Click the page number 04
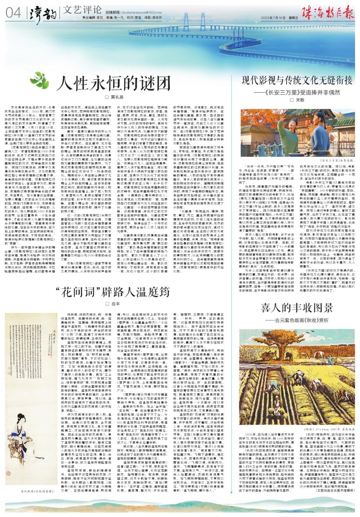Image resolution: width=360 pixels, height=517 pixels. pyautogui.click(x=13, y=13)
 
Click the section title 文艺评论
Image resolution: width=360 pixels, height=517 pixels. pyautogui.click(x=82, y=10)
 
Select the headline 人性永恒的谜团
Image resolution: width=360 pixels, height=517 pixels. pyautogui.click(x=113, y=83)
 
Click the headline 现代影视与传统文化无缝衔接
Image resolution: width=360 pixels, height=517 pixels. pyautogui.click(x=297, y=81)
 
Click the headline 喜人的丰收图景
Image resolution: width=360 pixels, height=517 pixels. pyautogui.click(x=297, y=308)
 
